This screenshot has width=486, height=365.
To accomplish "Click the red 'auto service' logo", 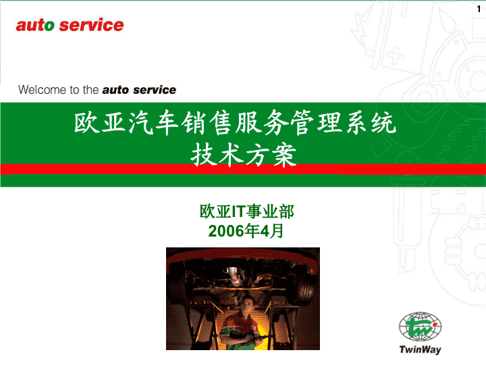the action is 70,25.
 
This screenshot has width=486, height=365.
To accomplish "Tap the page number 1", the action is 479,9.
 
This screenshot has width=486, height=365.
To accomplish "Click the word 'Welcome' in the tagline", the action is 43,90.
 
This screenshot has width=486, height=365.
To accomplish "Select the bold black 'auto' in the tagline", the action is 115,90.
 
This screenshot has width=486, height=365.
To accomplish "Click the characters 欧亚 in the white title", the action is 101,122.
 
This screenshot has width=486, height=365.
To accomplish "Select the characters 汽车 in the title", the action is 154,122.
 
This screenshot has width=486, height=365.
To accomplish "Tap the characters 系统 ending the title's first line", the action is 371,122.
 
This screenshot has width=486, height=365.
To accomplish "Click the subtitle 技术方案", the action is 244,155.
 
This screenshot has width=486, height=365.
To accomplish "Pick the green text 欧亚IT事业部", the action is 247,212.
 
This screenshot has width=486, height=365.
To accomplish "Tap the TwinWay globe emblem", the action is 421,326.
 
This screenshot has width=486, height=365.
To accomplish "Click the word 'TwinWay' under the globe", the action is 421,349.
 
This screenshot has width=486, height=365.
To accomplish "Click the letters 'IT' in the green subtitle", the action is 239,212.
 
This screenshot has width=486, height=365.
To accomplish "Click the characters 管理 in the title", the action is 317,122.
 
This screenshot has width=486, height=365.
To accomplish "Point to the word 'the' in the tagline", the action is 91,90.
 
